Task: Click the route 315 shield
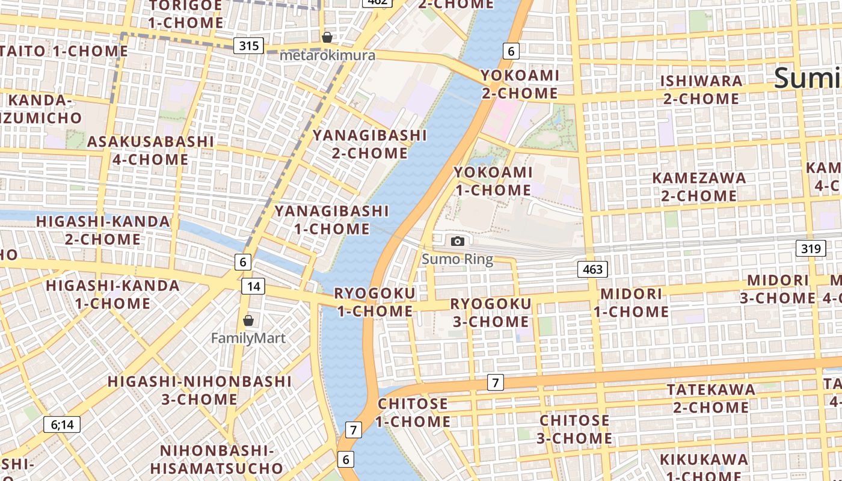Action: click(248, 46)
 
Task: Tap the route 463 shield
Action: click(592, 269)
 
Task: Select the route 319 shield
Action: click(811, 248)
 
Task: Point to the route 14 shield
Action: click(253, 286)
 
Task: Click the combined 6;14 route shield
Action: click(62, 424)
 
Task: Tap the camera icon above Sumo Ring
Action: click(458, 241)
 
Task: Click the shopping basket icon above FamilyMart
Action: click(248, 320)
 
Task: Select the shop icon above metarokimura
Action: click(327, 37)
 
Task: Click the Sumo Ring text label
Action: click(457, 260)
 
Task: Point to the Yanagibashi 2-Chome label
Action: click(370, 144)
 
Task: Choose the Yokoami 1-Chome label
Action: click(493, 181)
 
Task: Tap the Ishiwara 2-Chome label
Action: click(701, 90)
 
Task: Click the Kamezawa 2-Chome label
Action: click(699, 186)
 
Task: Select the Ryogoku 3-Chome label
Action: click(490, 313)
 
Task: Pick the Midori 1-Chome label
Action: click(631, 302)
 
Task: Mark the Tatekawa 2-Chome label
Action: click(711, 399)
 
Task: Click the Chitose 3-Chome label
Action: click(574, 429)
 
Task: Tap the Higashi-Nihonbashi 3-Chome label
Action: click(200, 390)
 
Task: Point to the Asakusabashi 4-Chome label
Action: click(150, 150)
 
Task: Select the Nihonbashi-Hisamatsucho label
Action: click(217, 459)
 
